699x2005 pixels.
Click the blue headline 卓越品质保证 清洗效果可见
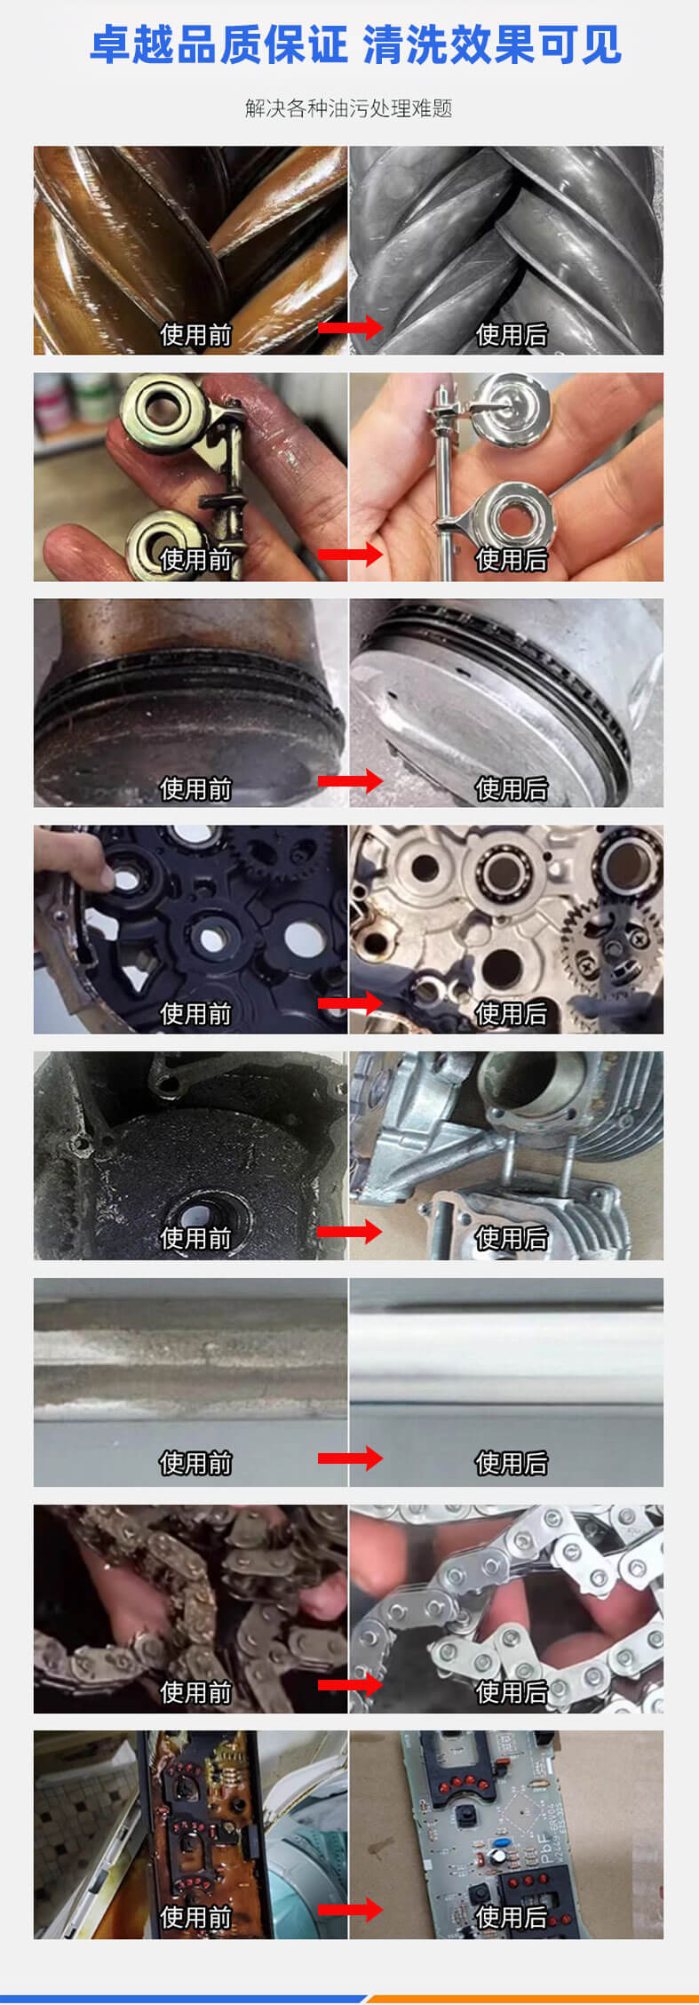[354, 44]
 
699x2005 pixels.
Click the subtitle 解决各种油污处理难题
[348, 108]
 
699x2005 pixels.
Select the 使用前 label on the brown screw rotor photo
[195, 334]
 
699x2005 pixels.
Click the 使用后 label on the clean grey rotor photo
[511, 334]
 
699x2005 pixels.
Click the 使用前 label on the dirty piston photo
[195, 788]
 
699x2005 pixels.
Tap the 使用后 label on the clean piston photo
[511, 788]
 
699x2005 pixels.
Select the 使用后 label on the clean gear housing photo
[511, 1013]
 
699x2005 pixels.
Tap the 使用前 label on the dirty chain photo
[195, 1691]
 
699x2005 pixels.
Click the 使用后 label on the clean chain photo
[511, 1691]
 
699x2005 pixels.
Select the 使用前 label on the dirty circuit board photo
[195, 1917]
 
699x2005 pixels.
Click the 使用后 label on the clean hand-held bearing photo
[511, 559]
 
